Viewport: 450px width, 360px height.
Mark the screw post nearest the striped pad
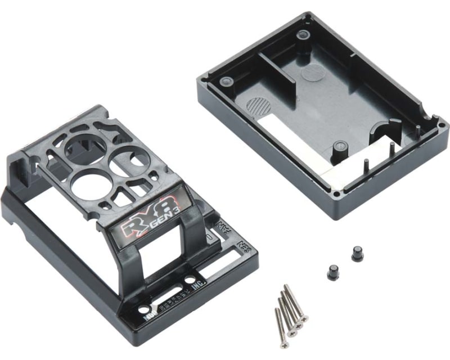pos(228,80)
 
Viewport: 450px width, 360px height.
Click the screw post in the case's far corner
pos(304,35)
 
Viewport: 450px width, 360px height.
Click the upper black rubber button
pos(357,253)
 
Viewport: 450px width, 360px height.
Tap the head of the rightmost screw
pos(304,318)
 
